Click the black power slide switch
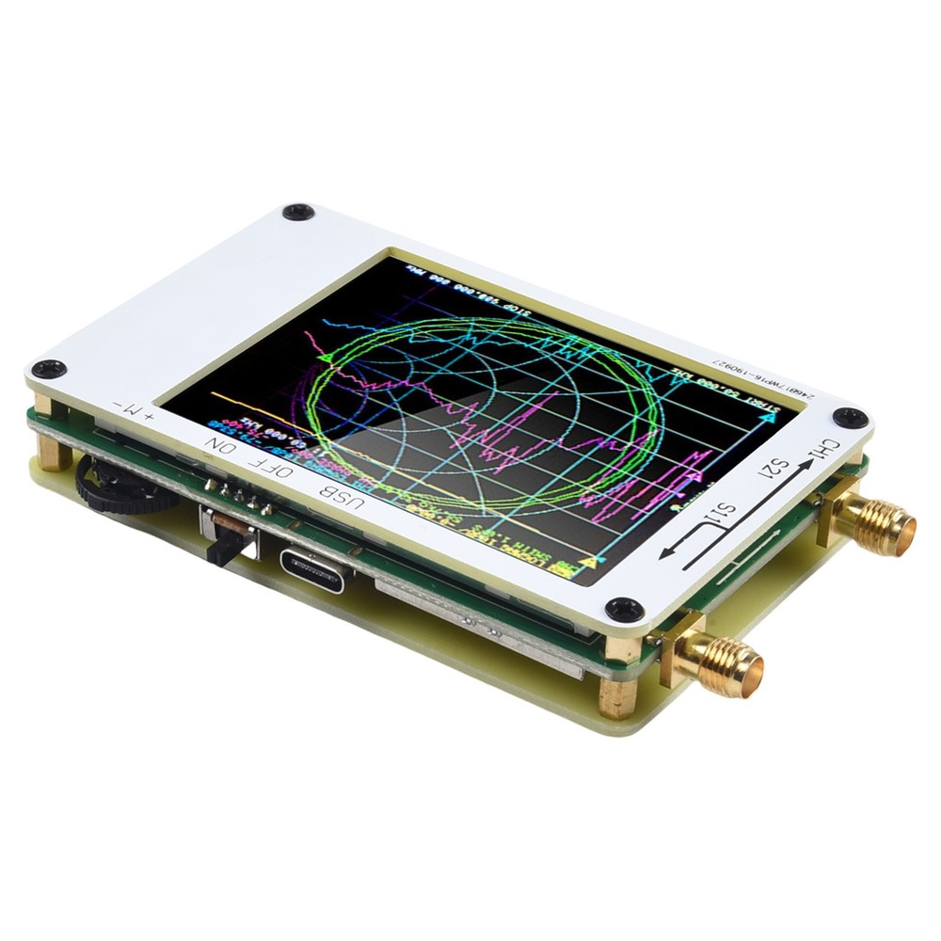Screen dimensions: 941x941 pyautogui.click(x=227, y=545)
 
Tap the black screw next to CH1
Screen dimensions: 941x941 pyautogui.click(x=850, y=417)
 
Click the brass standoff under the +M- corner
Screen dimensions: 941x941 pyautogui.click(x=54, y=457)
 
